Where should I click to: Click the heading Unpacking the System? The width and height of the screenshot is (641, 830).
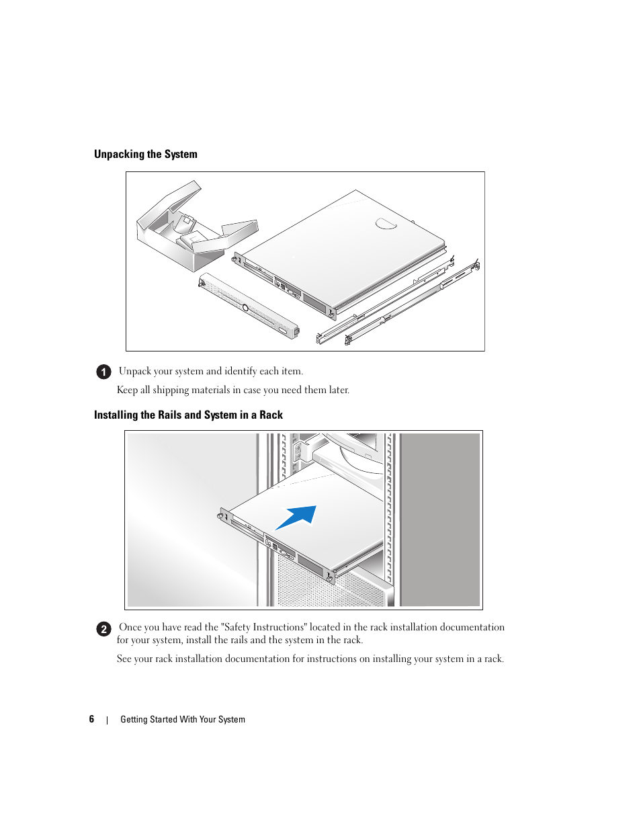pos(146,155)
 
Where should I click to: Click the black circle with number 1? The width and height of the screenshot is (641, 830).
pos(103,372)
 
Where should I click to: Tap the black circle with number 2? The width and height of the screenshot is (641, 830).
pos(103,629)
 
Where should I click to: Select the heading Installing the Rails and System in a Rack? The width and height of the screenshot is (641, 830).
pos(188,415)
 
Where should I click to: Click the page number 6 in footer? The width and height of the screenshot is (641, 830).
pos(91,719)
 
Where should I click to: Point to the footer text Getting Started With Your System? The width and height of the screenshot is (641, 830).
pos(183,720)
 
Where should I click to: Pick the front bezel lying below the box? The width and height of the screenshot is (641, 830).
pos(249,306)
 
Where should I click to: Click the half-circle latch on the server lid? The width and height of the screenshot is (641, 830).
pos(386,223)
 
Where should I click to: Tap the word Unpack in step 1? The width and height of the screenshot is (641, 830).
pos(135,372)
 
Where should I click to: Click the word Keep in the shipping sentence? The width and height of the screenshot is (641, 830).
pos(127,390)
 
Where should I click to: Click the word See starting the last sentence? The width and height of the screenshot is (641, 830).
pos(124,659)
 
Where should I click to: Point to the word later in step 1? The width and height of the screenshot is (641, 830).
pos(338,390)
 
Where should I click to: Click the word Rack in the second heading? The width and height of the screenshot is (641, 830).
pos(271,415)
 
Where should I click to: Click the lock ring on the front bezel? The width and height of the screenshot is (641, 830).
pos(245,308)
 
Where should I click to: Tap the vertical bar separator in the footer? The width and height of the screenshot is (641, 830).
pos(107,720)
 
